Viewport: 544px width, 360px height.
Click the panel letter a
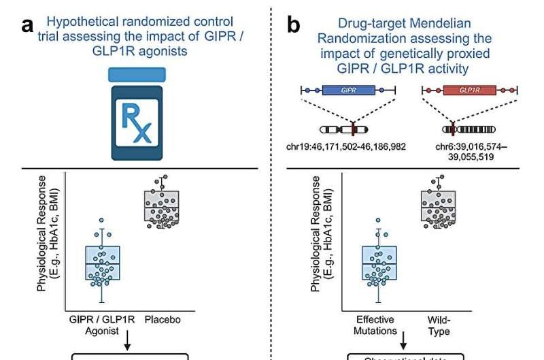click(x=28, y=27)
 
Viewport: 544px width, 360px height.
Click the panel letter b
click(x=294, y=27)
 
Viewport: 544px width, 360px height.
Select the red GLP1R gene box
click(x=470, y=90)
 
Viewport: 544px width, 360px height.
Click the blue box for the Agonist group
click(x=102, y=263)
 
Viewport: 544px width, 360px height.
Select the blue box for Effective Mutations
click(x=379, y=262)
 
